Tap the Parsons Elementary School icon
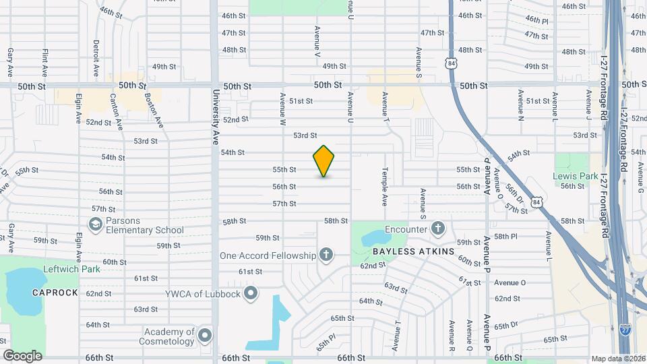click(x=96, y=223)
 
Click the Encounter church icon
click(x=439, y=229)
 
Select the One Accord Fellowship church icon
click(x=326, y=255)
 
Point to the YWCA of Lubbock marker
click(x=251, y=293)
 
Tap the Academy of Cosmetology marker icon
click(x=205, y=335)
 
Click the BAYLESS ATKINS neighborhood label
click(x=402, y=251)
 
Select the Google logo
click(x=22, y=355)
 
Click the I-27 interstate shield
click(x=625, y=329)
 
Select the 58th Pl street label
click(x=505, y=237)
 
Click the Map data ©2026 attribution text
click(x=618, y=359)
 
